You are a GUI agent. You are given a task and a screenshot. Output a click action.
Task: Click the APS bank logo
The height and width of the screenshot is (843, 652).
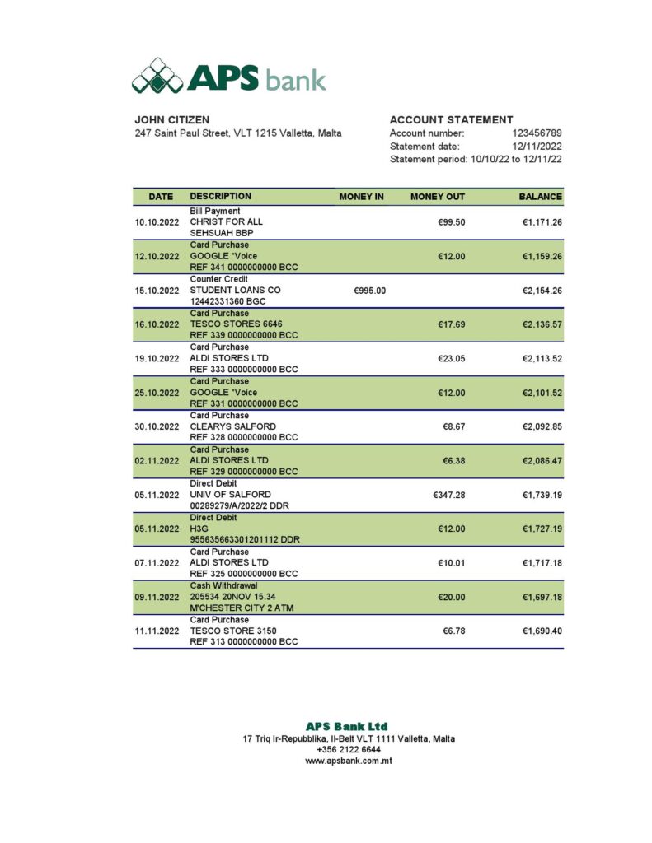click(x=228, y=76)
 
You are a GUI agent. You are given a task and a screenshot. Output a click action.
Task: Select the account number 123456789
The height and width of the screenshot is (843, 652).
click(x=537, y=133)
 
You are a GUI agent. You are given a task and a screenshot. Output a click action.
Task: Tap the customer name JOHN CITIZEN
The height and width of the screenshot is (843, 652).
click(x=171, y=119)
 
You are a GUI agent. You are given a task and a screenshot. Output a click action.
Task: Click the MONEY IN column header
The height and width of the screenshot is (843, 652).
click(x=361, y=197)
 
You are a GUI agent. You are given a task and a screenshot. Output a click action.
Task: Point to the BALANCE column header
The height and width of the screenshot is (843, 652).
click(x=540, y=197)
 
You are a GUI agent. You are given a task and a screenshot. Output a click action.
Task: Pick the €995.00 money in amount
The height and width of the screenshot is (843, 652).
click(x=369, y=290)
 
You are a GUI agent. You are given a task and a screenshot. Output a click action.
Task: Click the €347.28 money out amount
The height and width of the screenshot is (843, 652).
click(x=448, y=494)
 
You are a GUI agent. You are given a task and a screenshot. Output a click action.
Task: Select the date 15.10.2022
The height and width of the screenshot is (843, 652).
click(x=157, y=291)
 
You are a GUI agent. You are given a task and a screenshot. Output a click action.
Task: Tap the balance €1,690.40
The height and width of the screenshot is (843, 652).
click(x=542, y=631)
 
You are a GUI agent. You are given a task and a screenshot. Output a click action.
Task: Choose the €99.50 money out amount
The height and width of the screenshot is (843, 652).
click(x=451, y=222)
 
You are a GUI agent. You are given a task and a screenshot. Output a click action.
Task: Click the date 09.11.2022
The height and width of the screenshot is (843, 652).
click(x=157, y=597)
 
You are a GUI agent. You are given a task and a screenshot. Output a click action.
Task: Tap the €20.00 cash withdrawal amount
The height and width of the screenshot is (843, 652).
click(x=451, y=597)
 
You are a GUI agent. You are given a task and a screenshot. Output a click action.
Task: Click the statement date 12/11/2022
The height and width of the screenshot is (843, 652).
click(x=537, y=146)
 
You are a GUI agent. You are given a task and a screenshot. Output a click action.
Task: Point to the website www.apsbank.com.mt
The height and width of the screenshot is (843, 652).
click(x=348, y=761)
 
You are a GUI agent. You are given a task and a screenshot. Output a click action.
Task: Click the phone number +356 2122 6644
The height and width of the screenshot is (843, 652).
click(x=348, y=750)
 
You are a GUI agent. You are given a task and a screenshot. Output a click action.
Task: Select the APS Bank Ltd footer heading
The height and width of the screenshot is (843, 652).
click(x=346, y=727)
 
